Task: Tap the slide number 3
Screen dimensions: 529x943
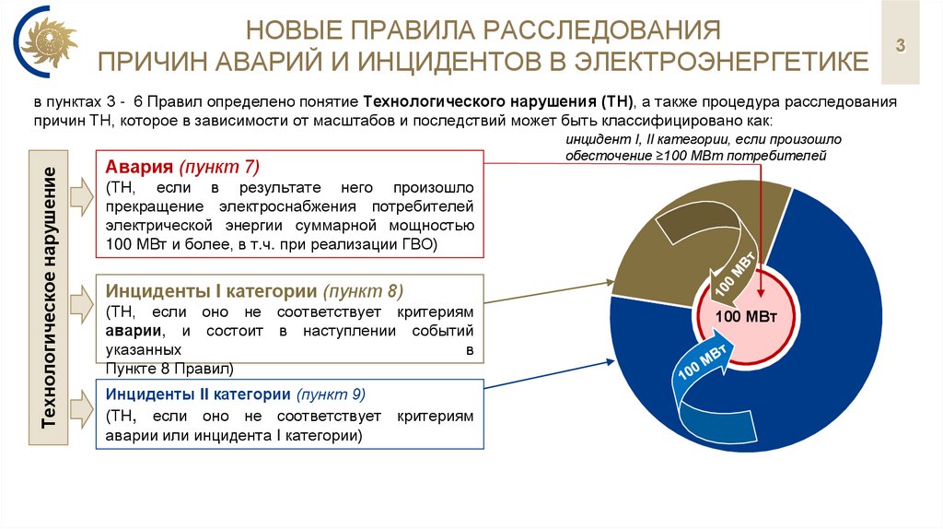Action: pos(901,45)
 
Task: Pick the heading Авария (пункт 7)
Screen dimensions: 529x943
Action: pos(182,167)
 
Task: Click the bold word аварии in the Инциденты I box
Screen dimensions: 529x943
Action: pos(128,331)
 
